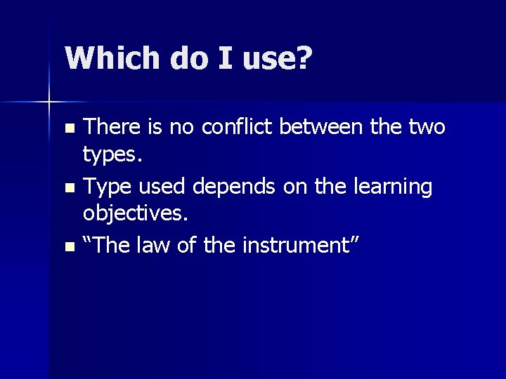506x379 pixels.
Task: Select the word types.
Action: [113, 155]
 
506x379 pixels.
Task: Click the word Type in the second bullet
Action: [105, 187]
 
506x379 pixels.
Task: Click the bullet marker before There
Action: [68, 129]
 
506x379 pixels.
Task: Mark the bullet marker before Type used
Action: [68, 189]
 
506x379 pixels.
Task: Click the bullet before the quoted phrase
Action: [68, 246]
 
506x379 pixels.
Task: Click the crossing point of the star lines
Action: [48, 102]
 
